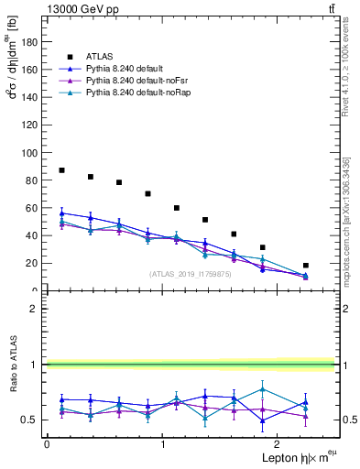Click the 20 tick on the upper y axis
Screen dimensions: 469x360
[x=31, y=263]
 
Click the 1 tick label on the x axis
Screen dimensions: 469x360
[x=163, y=444]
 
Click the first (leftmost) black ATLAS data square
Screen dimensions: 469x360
[x=61, y=170]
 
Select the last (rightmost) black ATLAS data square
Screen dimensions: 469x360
[x=306, y=266]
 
